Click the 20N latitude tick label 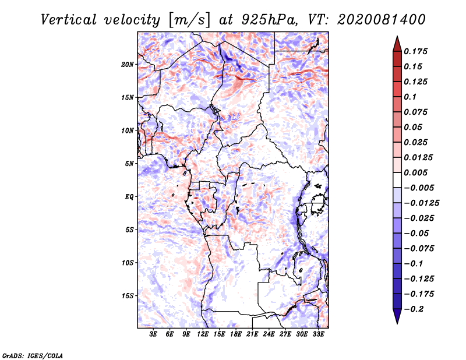(128, 65)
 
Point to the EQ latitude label (129, 197)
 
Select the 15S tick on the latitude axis (128, 296)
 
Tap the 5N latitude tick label (129, 164)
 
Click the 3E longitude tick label (153, 334)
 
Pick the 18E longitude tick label (236, 334)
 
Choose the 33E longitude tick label (318, 334)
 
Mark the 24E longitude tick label (269, 334)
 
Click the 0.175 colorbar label (415, 51)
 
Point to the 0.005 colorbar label (415, 172)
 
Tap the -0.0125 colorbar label (421, 203)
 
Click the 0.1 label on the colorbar (410, 97)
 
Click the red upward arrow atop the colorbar (397, 44)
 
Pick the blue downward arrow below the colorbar (397, 316)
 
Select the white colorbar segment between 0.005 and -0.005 (397, 180)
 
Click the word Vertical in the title (69, 20)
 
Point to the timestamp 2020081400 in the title (382, 20)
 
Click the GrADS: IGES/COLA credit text (33, 356)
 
